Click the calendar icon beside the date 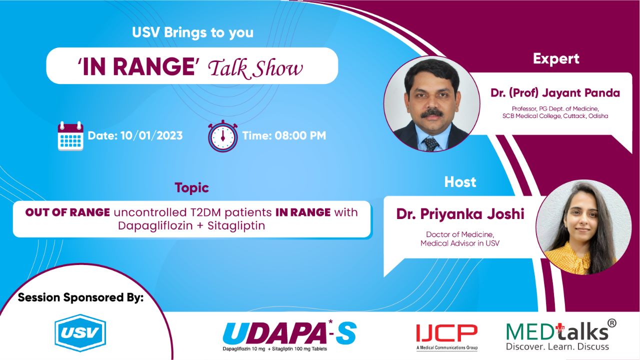pyautogui.click(x=70, y=135)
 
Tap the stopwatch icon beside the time pyautogui.click(x=223, y=135)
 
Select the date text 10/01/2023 pyautogui.click(x=151, y=135)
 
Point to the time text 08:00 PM pyautogui.click(x=300, y=135)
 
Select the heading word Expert pyautogui.click(x=556, y=58)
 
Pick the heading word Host pyautogui.click(x=460, y=182)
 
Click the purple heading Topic pyautogui.click(x=191, y=188)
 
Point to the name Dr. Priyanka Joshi pyautogui.click(x=460, y=214)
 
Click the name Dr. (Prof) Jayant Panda pyautogui.click(x=555, y=93)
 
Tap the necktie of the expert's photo pyautogui.click(x=429, y=143)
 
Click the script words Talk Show pyautogui.click(x=255, y=68)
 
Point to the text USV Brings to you pyautogui.click(x=192, y=33)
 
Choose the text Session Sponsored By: pyautogui.click(x=80, y=297)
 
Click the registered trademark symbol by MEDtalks pyautogui.click(x=611, y=323)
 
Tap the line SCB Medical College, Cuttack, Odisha pyautogui.click(x=555, y=116)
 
